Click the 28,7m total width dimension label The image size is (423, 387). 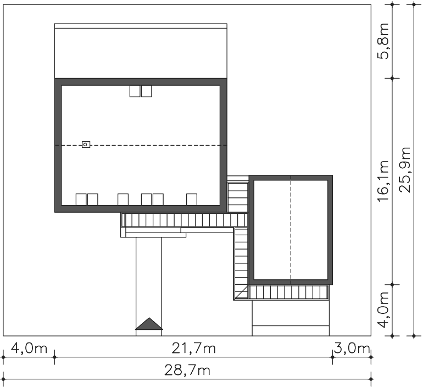(x=187, y=371)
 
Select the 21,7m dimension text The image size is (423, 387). (x=194, y=349)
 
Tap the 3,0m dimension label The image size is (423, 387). (x=352, y=349)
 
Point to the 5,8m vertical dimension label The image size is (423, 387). (x=383, y=41)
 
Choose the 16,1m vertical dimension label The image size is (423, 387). (x=383, y=181)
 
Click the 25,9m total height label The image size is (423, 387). (x=405, y=170)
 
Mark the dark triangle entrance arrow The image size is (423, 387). (x=149, y=324)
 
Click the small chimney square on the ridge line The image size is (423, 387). (x=86, y=145)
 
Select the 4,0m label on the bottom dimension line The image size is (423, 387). (x=29, y=349)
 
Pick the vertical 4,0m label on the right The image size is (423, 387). (x=383, y=310)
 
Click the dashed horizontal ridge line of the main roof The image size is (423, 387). (x=141, y=146)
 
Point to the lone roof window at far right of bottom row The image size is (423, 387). (x=192, y=200)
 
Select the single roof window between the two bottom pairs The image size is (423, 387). (x=123, y=200)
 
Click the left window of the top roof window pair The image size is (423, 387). (x=135, y=91)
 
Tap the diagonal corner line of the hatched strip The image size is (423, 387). (x=242, y=292)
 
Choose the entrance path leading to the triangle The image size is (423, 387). (x=149, y=286)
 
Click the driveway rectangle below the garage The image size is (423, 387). (x=291, y=318)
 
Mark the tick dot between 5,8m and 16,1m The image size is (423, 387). (x=392, y=78)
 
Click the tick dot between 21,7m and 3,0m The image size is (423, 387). (x=332, y=357)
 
